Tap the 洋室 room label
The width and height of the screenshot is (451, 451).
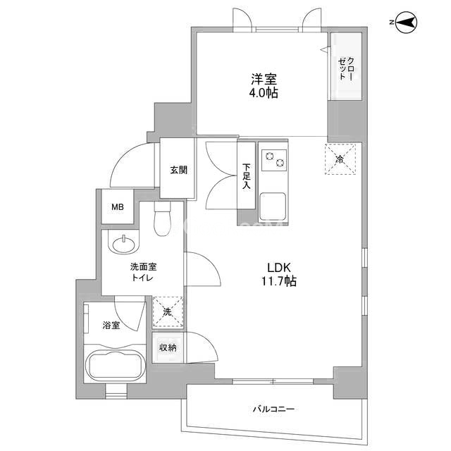(264, 79)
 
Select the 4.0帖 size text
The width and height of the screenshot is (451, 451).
(264, 93)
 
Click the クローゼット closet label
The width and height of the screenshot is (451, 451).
(347, 68)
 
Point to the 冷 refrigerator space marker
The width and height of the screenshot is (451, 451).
(340, 159)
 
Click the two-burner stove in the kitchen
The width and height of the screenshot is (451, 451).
(274, 160)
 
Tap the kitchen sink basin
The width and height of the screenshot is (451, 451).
(273, 206)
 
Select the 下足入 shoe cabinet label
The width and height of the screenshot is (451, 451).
(246, 176)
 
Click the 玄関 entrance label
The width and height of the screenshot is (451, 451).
(178, 170)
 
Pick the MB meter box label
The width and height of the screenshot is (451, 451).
(118, 206)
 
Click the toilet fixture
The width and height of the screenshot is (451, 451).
(163, 218)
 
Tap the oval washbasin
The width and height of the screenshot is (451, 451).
(124, 245)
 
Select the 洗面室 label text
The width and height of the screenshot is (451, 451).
(143, 267)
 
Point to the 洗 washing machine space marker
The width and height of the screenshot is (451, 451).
(168, 311)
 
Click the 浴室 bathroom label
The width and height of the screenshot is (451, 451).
(111, 326)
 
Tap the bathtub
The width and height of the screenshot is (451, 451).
(115, 365)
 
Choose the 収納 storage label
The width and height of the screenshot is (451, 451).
(168, 347)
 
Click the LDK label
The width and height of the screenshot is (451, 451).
(279, 268)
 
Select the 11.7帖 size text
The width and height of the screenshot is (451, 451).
(279, 281)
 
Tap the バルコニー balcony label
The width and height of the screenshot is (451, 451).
(273, 409)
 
